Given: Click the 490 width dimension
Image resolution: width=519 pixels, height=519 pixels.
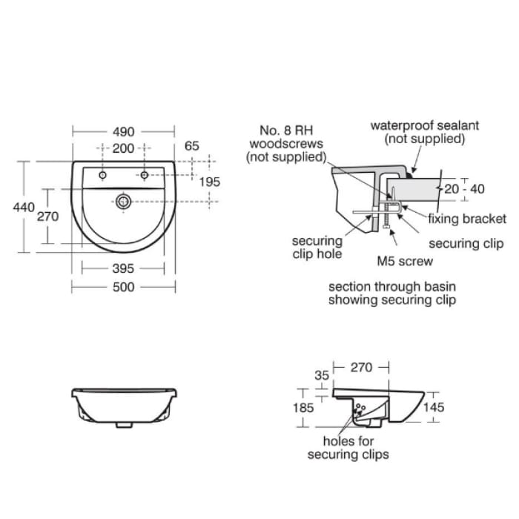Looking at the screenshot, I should tap(123, 131).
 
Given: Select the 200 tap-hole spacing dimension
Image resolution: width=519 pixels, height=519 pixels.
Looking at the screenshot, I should tap(123, 148).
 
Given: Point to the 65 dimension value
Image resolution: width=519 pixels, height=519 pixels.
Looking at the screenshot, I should tap(192, 146).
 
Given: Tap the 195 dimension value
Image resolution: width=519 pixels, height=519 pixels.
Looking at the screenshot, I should tap(211, 182).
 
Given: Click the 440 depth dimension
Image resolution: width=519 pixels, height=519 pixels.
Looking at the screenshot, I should tap(24, 208).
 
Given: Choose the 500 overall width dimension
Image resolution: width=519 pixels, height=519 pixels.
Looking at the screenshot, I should tap(123, 287).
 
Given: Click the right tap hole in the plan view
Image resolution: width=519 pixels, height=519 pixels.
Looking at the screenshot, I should tap(145, 176).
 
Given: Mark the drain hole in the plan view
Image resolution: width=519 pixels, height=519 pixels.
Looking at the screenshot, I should tap(123, 200).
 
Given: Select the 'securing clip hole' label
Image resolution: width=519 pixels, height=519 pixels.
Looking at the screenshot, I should tap(317, 248).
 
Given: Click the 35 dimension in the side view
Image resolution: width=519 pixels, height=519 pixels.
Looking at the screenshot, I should tap(321, 376).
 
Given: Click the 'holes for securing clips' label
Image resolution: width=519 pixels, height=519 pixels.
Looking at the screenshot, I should tap(348, 448).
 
